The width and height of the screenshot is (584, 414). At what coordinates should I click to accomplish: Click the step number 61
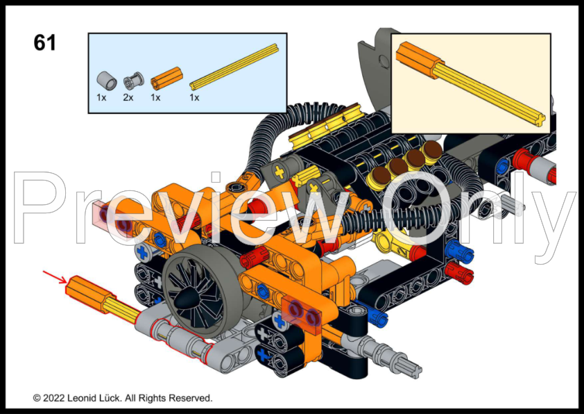(44, 43)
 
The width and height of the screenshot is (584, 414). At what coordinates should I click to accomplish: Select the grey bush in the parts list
(104, 79)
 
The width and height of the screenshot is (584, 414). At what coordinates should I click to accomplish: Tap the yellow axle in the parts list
(234, 66)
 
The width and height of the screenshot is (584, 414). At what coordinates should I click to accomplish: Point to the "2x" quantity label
(128, 97)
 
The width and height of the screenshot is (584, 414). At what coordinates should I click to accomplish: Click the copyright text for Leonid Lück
(123, 398)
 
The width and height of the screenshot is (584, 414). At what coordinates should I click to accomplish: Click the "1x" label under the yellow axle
(194, 97)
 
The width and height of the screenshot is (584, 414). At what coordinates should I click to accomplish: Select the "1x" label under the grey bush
(101, 97)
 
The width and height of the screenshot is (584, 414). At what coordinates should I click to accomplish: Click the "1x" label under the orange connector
(155, 97)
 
